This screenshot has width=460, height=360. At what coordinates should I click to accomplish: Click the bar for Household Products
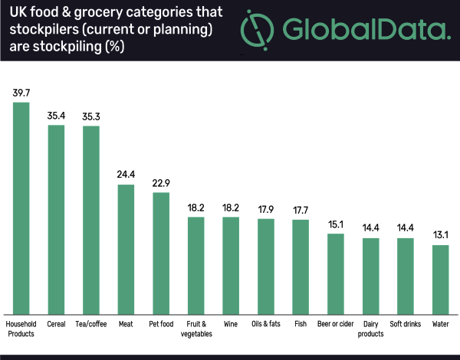point(21,207)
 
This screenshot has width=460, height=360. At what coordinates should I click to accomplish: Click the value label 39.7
point(21,93)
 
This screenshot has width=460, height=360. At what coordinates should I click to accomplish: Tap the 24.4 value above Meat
point(126,175)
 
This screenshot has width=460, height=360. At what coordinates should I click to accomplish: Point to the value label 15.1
point(336,224)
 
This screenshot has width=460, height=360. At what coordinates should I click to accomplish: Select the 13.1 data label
point(441,235)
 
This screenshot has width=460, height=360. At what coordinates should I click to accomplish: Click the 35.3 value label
point(91,116)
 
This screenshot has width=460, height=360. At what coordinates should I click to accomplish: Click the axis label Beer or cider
point(336,323)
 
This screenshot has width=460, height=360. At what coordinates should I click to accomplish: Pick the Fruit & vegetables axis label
point(195,328)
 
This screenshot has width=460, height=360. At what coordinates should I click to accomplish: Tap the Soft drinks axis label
point(406,323)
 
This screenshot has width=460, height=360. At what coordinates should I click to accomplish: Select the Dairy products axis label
point(371,328)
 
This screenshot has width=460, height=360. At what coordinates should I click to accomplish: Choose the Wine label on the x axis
point(231,323)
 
